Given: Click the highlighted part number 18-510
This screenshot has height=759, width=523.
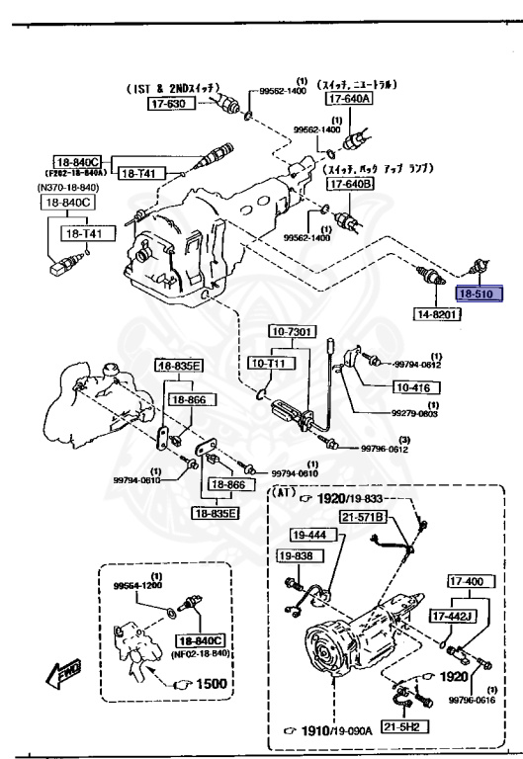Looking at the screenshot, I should [479, 294].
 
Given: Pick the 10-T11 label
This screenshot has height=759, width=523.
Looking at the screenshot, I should [267, 364].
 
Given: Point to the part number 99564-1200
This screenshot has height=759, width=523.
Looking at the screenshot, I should [139, 585].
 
